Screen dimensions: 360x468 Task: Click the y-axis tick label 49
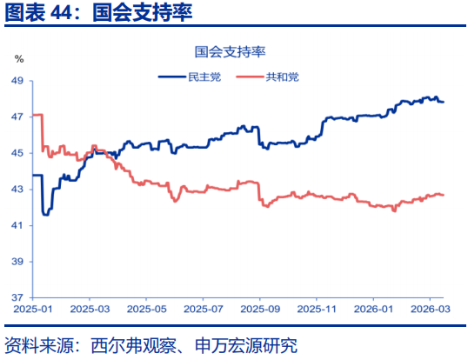click(17, 80)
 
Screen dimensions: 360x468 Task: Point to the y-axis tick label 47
click(17, 117)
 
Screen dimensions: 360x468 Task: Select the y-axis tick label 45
click(17, 153)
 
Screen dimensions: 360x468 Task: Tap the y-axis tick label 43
click(17, 190)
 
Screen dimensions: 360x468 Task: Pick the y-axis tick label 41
click(17, 225)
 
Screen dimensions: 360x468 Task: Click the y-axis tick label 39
click(17, 262)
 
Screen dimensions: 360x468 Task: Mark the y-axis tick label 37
click(17, 298)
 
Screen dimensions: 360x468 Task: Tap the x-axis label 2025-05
click(146, 309)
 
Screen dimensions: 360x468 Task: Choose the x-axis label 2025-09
click(260, 309)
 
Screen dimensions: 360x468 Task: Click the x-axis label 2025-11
click(317, 309)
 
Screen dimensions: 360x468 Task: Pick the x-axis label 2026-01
click(373, 309)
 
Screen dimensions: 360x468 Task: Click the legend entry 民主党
click(204, 77)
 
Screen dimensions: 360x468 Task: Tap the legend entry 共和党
click(282, 77)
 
